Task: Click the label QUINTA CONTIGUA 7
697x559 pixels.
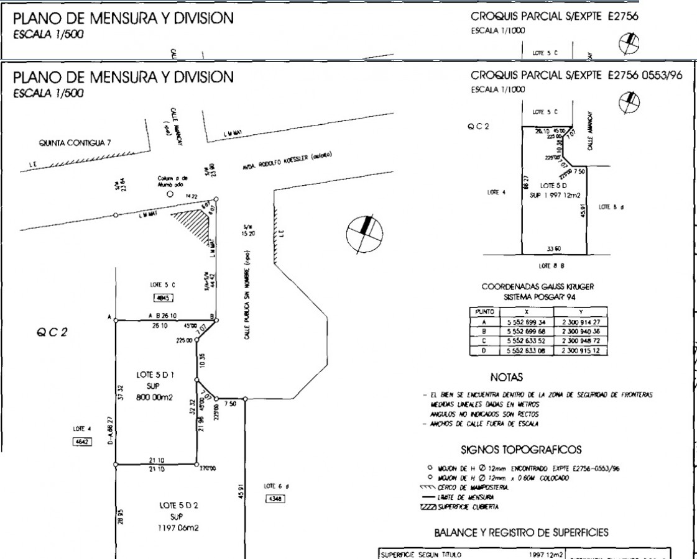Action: tap(75, 142)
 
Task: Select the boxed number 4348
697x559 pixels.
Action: tap(274, 499)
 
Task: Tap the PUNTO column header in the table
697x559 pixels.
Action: tap(484, 312)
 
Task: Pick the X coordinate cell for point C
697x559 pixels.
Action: tap(526, 341)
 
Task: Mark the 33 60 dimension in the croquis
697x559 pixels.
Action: tap(553, 248)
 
